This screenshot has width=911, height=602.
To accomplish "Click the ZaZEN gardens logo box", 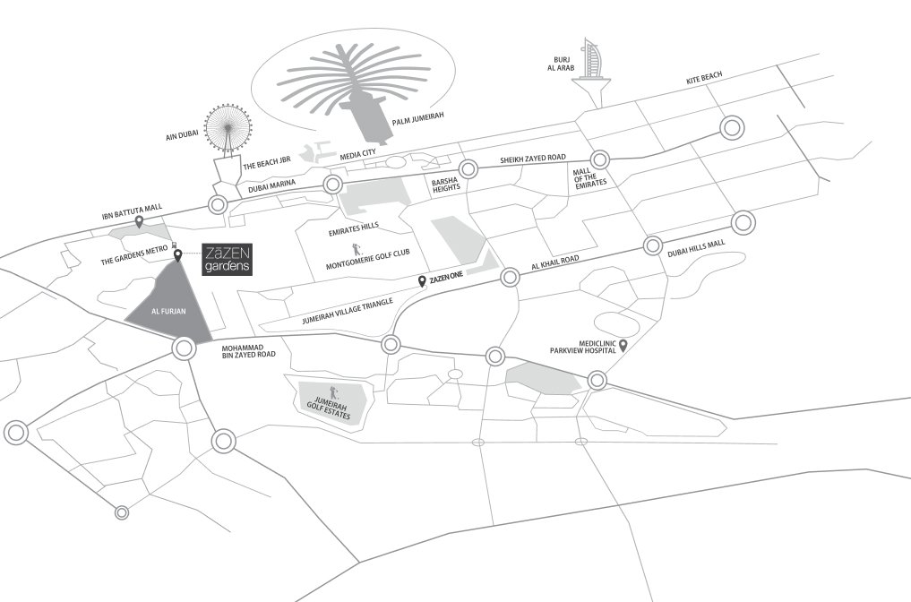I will pos(226,259).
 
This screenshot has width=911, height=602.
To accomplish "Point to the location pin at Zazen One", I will pos(423,280).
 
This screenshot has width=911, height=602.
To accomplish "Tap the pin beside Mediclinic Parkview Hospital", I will pos(623,344).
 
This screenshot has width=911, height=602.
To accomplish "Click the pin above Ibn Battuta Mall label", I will pos(137,221).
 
